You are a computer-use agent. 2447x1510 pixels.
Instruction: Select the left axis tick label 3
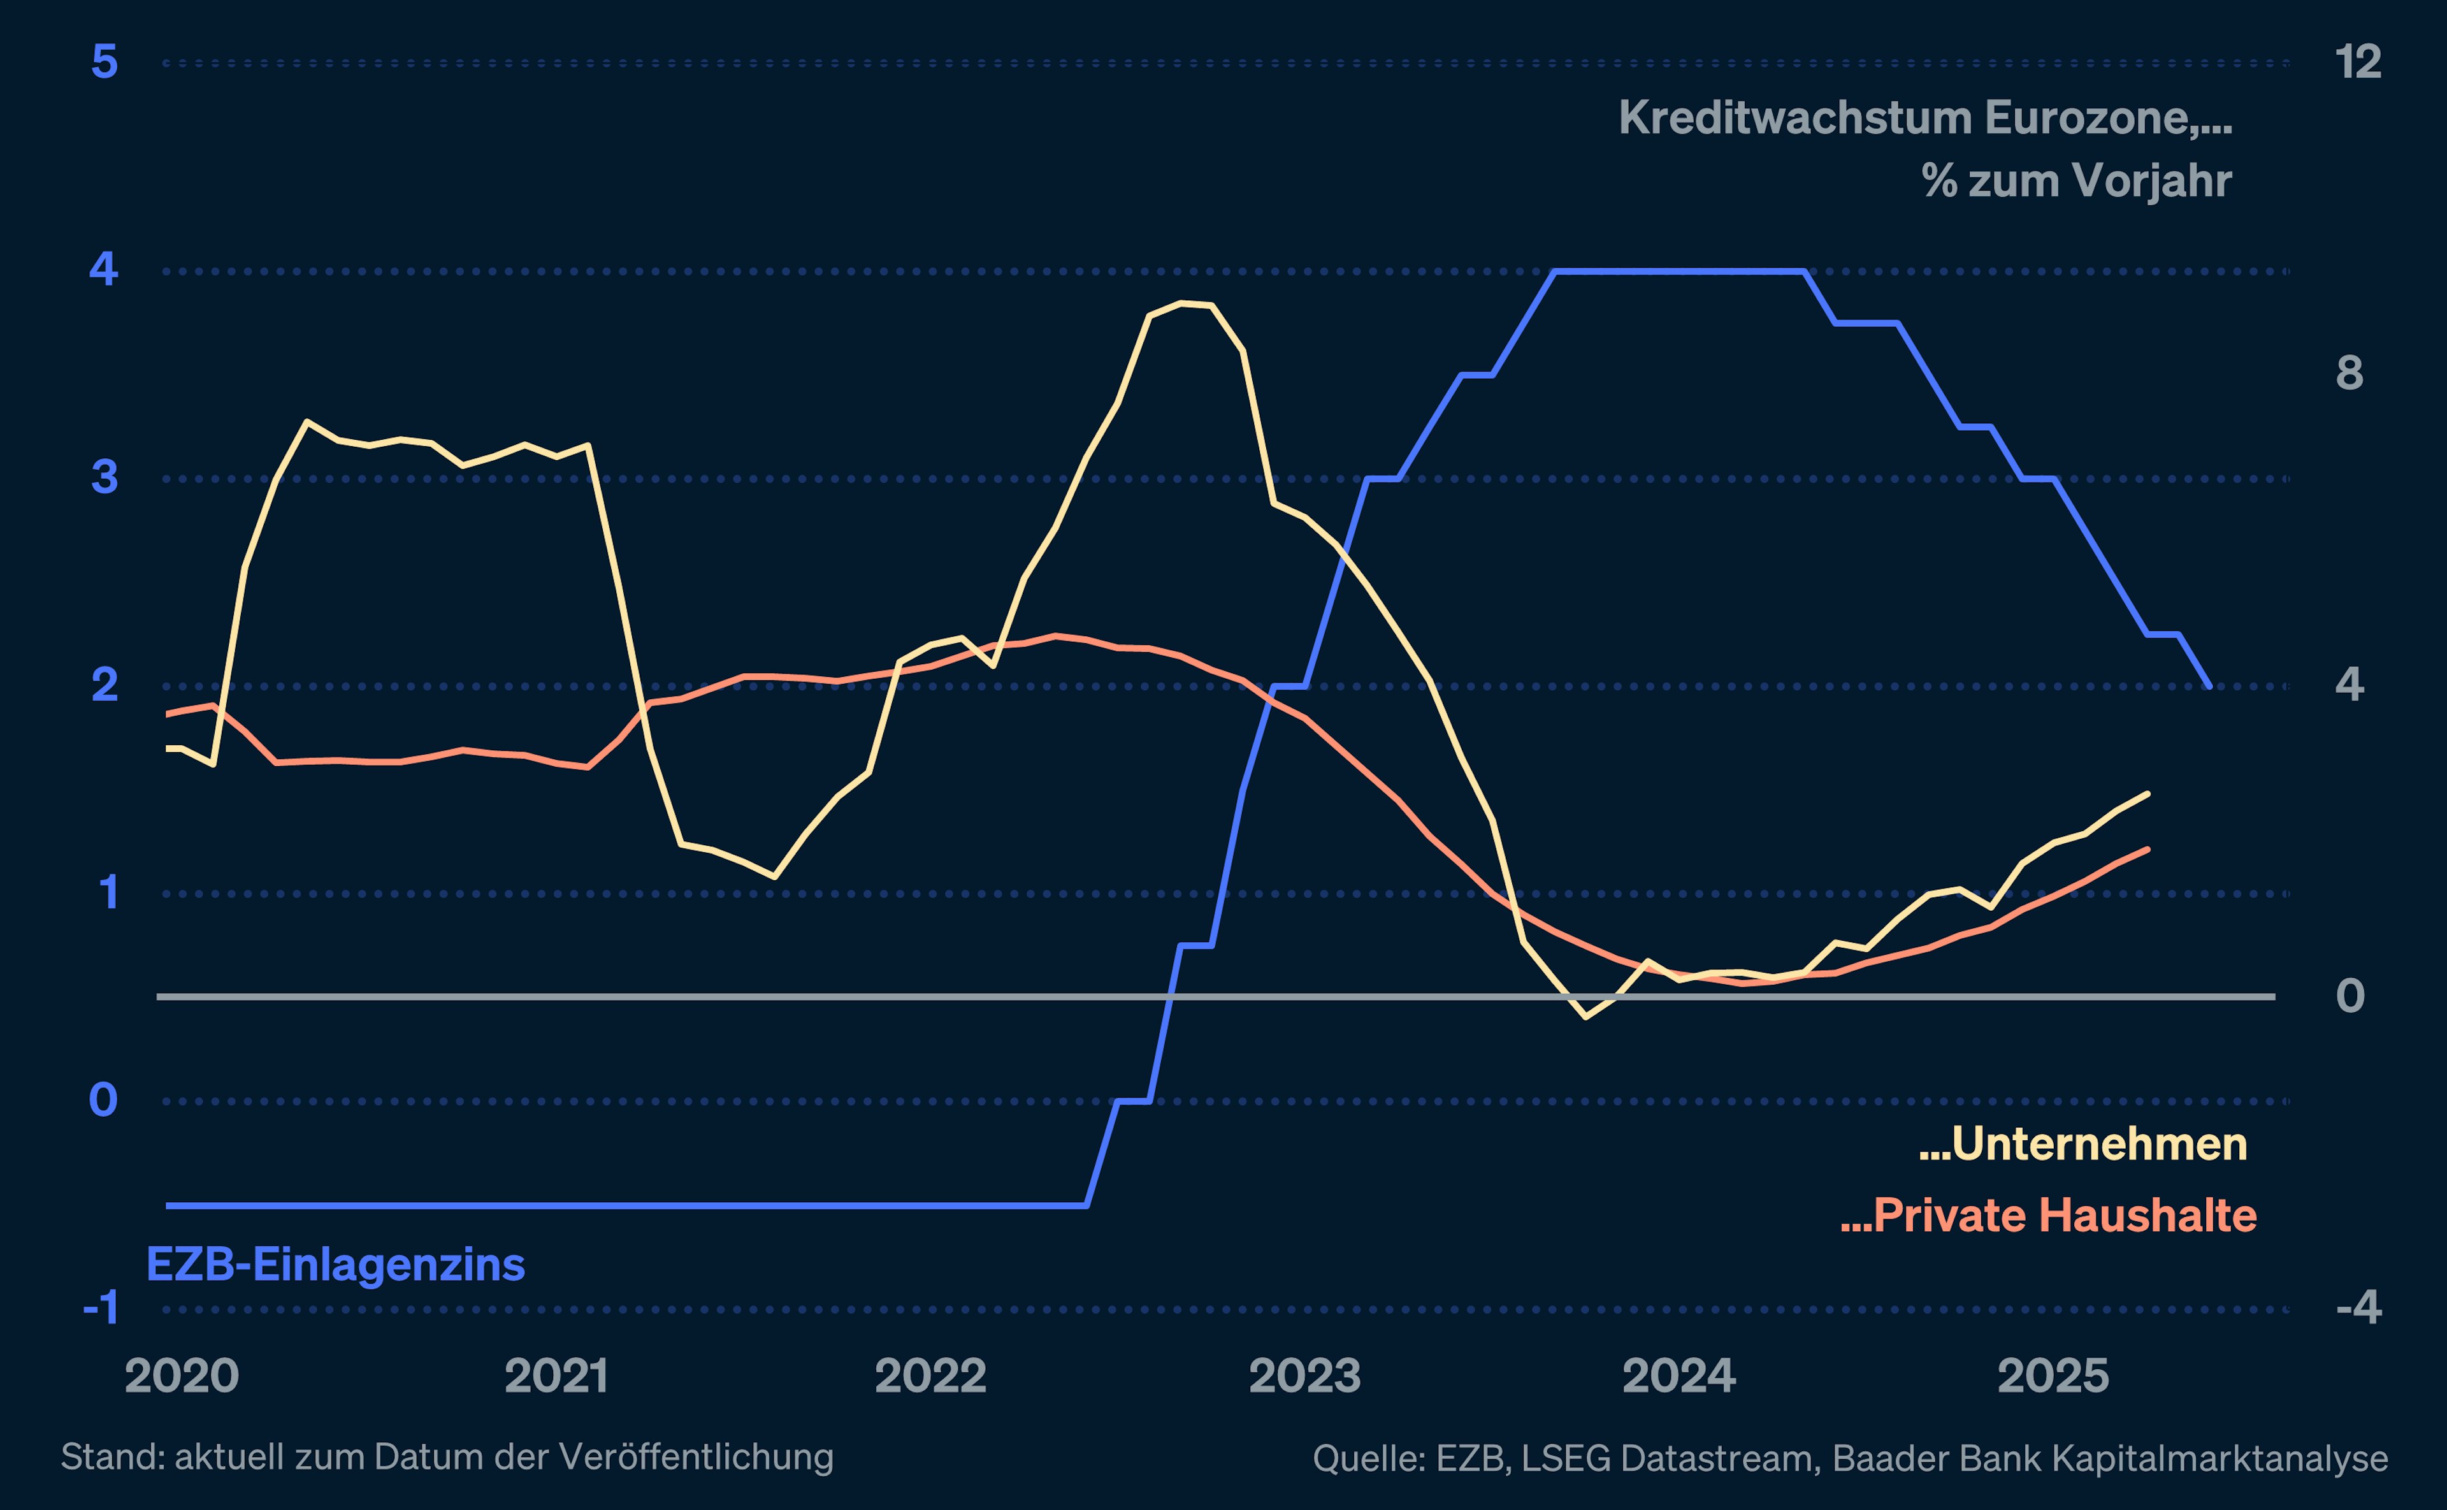coord(104,477)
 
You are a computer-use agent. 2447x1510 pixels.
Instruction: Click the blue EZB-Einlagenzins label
coord(335,1265)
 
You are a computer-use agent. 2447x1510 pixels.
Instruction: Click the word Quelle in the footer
coord(1368,1459)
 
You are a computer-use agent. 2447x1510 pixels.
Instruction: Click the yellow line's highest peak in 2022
coord(1183,303)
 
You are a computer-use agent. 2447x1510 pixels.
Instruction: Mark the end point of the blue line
coord(2209,686)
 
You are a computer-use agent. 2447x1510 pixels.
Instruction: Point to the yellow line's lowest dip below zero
coord(1585,1017)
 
